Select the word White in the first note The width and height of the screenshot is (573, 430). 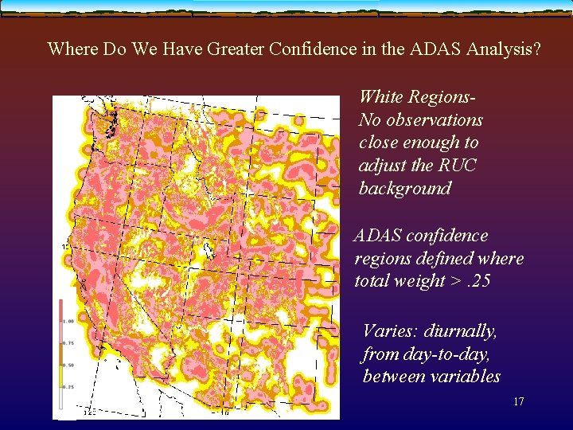tap(381, 97)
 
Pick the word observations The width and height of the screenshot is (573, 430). tap(433, 120)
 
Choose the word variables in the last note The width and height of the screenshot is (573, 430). tap(463, 376)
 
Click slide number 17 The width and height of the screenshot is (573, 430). tap(518, 402)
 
